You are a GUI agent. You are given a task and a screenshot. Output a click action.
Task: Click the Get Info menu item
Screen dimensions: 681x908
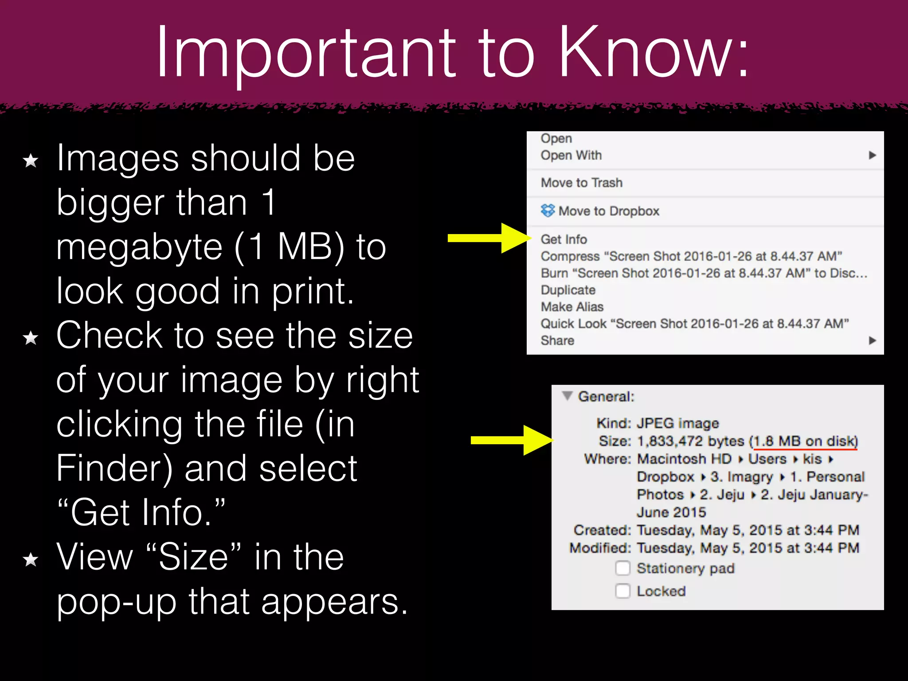564,239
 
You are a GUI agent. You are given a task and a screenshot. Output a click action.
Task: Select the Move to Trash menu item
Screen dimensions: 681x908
581,183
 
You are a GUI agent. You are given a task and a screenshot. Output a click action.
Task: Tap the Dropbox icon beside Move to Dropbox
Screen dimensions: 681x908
548,211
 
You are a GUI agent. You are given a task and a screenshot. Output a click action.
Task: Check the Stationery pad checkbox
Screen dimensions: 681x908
622,568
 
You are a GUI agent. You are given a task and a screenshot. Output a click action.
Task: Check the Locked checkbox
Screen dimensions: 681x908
622,591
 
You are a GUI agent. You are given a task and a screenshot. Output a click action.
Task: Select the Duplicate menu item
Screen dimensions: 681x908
568,290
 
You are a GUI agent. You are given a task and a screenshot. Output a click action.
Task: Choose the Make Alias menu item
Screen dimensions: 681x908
572,307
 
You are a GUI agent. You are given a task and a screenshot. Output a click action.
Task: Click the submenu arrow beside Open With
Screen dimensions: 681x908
872,155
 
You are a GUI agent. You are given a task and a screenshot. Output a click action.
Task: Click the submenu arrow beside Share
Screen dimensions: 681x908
872,340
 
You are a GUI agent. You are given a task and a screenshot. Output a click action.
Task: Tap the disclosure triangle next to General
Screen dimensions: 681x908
567,395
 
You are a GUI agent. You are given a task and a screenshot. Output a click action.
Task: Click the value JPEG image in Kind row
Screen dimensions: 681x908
677,423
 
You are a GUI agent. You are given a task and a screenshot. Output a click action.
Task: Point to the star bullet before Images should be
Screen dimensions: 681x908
31,160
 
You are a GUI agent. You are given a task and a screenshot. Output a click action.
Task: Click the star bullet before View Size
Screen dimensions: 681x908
31,560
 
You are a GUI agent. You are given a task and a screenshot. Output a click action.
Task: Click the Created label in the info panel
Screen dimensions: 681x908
602,530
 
